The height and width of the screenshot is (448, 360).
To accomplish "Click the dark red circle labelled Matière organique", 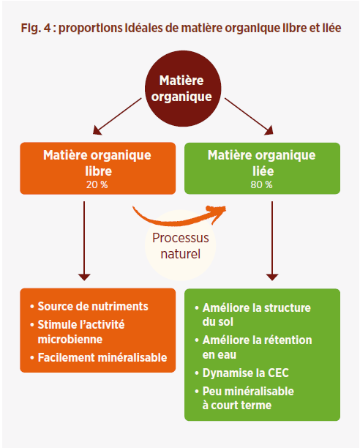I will [x=181, y=87].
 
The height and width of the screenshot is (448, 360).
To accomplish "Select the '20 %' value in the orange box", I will [x=97, y=184].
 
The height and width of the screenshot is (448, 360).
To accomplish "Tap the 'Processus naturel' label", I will [x=180, y=247].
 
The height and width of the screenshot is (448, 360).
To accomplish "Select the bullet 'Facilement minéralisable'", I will [x=100, y=357].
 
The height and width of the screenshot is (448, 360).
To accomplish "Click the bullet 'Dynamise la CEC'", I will [x=242, y=373].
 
